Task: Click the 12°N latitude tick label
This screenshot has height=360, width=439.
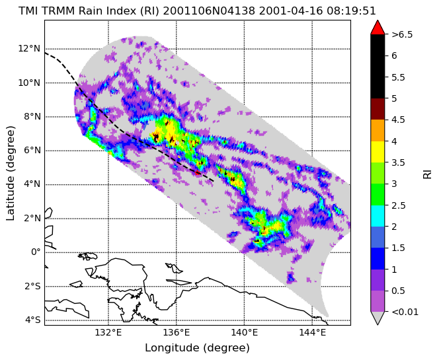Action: [29, 49]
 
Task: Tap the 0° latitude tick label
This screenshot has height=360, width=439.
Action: [36, 252]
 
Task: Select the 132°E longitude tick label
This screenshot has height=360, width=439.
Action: [108, 333]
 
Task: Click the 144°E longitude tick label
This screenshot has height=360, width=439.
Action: [312, 333]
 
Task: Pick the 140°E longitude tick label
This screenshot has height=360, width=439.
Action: [245, 333]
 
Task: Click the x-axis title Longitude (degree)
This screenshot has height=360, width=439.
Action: [197, 348]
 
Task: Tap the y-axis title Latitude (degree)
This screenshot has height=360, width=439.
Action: [10, 174]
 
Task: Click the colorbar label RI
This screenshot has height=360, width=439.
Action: [428, 173]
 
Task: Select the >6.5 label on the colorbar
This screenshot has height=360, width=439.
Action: [402, 35]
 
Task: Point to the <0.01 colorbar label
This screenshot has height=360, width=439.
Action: [405, 312]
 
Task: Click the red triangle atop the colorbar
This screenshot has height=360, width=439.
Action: [378, 28]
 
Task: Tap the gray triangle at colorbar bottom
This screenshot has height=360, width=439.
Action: [378, 318]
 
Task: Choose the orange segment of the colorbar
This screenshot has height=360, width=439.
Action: [378, 130]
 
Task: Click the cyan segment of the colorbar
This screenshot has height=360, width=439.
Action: [378, 215]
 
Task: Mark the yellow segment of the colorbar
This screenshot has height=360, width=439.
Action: [378, 152]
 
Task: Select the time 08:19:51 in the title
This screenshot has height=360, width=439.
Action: [353, 11]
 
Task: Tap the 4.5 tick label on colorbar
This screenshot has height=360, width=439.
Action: [398, 120]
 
